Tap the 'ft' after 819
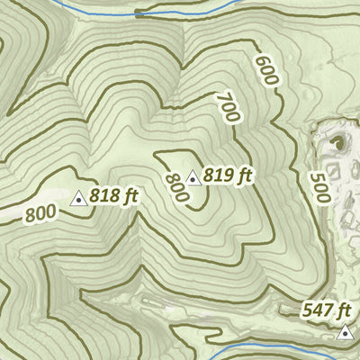(x=242, y=175)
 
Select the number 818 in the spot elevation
(x=106, y=194)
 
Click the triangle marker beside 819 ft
(x=192, y=179)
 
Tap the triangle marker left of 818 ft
(x=79, y=199)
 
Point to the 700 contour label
(x=228, y=109)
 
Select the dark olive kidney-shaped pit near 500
(x=340, y=141)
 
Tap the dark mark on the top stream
(x=140, y=14)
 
